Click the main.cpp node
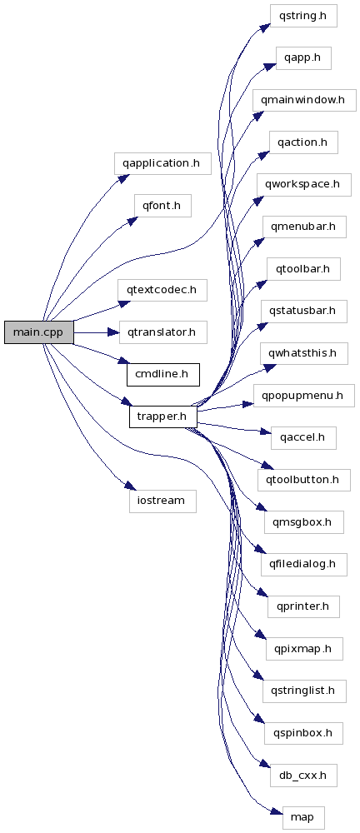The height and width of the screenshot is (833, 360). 39,332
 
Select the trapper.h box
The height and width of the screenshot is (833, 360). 162,416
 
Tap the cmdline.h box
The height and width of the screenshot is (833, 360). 162,375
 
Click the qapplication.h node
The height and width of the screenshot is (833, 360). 162,163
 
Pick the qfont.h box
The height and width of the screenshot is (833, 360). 162,206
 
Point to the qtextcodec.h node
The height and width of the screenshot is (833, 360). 162,290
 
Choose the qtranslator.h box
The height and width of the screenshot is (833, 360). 162,332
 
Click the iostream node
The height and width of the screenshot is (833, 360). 162,501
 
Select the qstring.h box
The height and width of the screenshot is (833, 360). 303,16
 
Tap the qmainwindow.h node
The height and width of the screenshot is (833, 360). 303,100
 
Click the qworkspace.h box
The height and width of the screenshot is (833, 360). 303,184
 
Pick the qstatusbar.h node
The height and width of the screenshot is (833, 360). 303,312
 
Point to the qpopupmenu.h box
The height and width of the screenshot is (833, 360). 303,396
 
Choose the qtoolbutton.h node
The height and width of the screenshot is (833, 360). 303,481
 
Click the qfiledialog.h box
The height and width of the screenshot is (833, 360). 303,564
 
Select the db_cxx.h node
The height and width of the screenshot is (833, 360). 303,776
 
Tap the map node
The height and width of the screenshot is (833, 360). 303,817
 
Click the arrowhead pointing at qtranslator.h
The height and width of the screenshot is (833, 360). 114,332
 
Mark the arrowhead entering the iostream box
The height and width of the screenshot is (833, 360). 126,486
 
